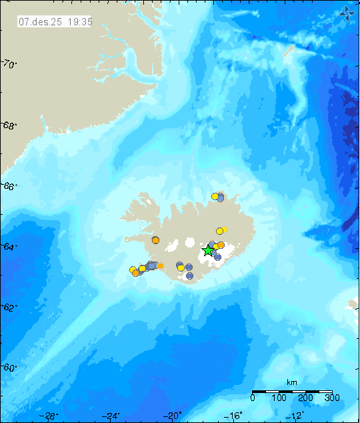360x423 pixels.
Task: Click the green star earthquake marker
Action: (x=208, y=250)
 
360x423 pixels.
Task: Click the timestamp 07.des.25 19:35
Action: (x=55, y=21)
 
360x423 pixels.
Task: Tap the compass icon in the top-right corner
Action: (x=346, y=11)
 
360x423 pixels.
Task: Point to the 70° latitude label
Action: (x=9, y=64)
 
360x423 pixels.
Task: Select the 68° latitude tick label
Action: (x=9, y=125)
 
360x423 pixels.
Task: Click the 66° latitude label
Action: (x=9, y=187)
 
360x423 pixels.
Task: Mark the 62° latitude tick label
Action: (x=9, y=308)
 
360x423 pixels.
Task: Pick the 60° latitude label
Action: (x=9, y=368)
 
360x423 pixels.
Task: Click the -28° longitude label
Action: (x=49, y=416)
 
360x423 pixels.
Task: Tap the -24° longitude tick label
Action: (x=112, y=416)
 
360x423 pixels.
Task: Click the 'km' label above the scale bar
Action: (x=291, y=382)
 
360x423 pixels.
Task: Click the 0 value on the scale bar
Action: (x=253, y=398)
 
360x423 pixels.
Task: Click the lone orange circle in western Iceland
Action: (x=155, y=240)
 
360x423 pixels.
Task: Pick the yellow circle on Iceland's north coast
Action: (x=215, y=196)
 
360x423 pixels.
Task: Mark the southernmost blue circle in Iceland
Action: (x=190, y=275)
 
